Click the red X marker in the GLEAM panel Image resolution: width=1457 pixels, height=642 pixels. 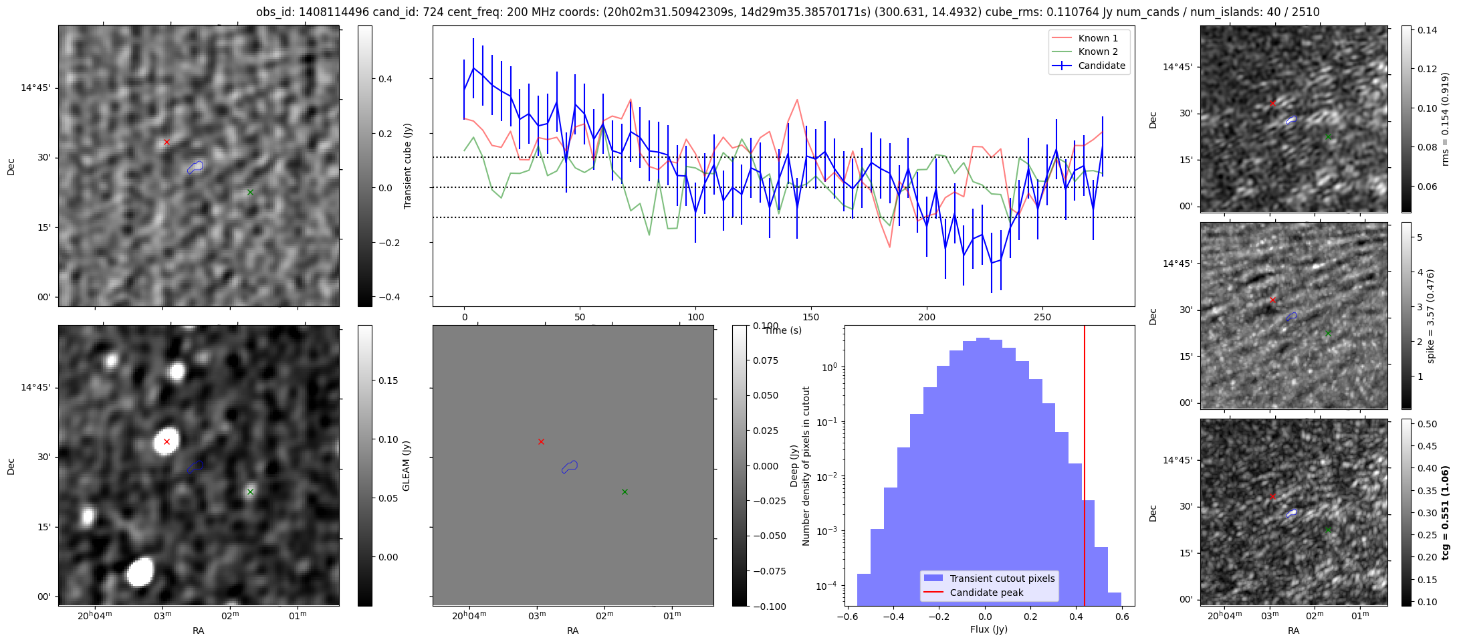click(x=166, y=441)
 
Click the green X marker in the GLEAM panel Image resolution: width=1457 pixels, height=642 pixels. click(x=250, y=492)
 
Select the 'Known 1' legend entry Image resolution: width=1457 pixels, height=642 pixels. click(x=1098, y=38)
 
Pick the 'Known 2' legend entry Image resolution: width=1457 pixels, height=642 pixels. click(x=1098, y=51)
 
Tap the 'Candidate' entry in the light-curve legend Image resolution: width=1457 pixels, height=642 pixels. click(x=1101, y=66)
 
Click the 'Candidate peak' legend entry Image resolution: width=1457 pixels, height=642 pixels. click(x=986, y=593)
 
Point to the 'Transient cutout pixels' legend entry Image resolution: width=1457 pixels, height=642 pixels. click(x=1002, y=578)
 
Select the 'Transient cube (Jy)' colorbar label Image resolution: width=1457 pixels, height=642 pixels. click(x=407, y=166)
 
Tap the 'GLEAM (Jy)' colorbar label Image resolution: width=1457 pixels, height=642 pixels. click(x=406, y=465)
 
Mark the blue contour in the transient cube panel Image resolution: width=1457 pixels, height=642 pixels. click(x=195, y=167)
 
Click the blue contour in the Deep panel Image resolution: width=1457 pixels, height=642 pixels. click(x=569, y=467)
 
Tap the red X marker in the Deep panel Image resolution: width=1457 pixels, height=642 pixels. click(x=541, y=441)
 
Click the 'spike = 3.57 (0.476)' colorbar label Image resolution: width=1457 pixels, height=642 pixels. click(x=1430, y=316)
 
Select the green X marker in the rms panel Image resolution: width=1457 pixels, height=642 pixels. click(x=1328, y=136)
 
